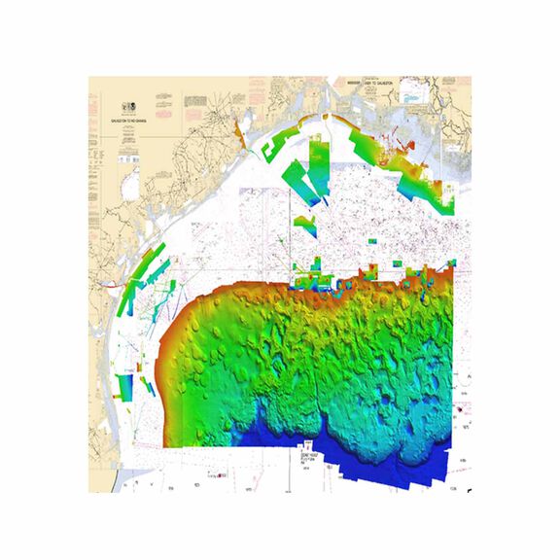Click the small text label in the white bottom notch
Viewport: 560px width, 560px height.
310,454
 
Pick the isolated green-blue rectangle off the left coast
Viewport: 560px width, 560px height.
123,386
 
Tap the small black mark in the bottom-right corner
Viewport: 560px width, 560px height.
467,487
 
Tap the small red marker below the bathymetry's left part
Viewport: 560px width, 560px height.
223,475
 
